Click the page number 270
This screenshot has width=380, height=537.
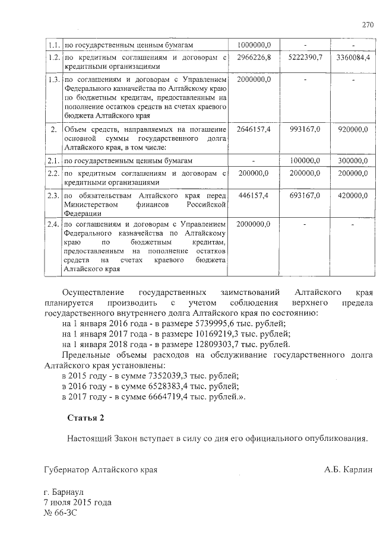tap(368, 25)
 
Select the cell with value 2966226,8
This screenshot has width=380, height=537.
tap(254, 58)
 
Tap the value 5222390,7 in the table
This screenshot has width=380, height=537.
tap(303, 58)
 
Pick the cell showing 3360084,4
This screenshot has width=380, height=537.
tap(353, 58)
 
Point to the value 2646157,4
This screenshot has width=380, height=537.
tap(254, 129)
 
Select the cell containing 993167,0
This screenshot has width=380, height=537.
tap(303, 129)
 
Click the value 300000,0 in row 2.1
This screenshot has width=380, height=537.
tap(353, 161)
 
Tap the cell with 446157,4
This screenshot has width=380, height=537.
tap(254, 195)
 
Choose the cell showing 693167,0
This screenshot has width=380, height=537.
tap(303, 195)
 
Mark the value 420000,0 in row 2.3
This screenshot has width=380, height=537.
tap(353, 195)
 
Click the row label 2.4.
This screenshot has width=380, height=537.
tap(53, 224)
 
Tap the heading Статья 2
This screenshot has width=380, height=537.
tap(85, 418)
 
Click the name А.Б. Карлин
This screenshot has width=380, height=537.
tap(348, 469)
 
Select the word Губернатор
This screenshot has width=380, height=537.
tap(68, 469)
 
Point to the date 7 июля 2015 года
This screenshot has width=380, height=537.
tap(78, 502)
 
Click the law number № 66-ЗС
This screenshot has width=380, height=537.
tap(61, 513)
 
